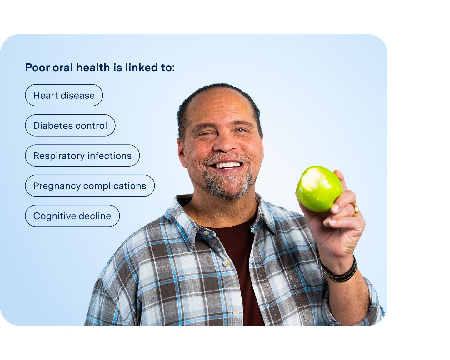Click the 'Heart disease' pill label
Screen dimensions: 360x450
tap(64, 95)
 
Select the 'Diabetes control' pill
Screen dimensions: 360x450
tap(70, 126)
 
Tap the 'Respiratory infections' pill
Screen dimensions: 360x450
tap(82, 156)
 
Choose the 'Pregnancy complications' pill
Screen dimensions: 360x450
tap(90, 186)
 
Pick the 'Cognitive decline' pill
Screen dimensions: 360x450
tap(72, 216)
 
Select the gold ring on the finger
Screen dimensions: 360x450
tap(355, 210)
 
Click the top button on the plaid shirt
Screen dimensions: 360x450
tap(206, 232)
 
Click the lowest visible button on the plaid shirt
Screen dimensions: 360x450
tap(236, 312)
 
